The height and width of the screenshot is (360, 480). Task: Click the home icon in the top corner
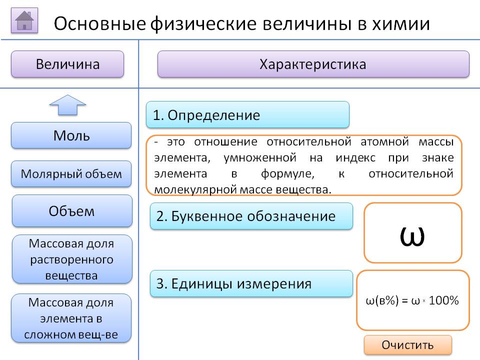[24, 21]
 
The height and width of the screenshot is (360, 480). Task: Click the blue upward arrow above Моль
[67, 105]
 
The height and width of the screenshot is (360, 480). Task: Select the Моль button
[71, 135]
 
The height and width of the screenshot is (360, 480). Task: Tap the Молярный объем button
[71, 174]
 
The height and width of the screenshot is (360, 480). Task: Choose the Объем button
[71, 211]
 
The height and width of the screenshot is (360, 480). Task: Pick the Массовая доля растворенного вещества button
[71, 259]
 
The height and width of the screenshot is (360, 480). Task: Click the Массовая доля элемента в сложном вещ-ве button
[71, 318]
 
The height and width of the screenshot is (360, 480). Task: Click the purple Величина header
[67, 64]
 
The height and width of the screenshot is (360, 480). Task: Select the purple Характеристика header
[313, 64]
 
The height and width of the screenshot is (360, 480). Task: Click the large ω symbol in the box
[412, 235]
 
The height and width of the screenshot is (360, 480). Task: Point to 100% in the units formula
[443, 301]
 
